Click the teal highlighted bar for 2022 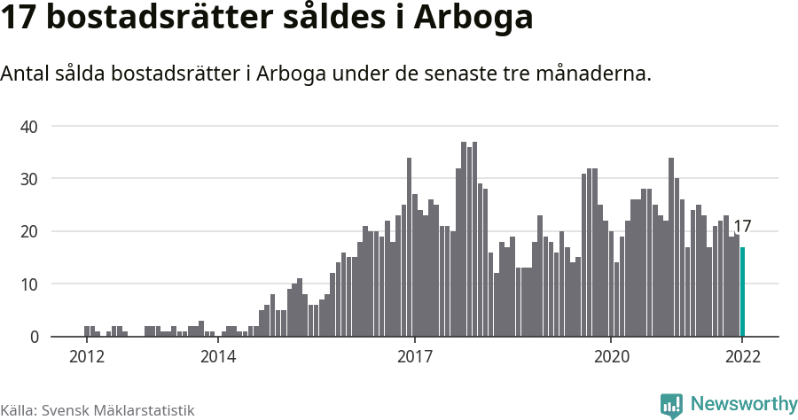[743, 292]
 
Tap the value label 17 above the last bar [742, 227]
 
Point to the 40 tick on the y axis [29, 127]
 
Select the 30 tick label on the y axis [29, 179]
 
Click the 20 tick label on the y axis [29, 232]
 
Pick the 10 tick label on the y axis [29, 284]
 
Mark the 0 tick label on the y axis [34, 338]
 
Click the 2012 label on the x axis [87, 357]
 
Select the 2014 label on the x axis [218, 357]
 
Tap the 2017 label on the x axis [414, 357]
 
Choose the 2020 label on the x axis [611, 357]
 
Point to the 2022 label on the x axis [742, 357]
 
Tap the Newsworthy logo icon [671, 406]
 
